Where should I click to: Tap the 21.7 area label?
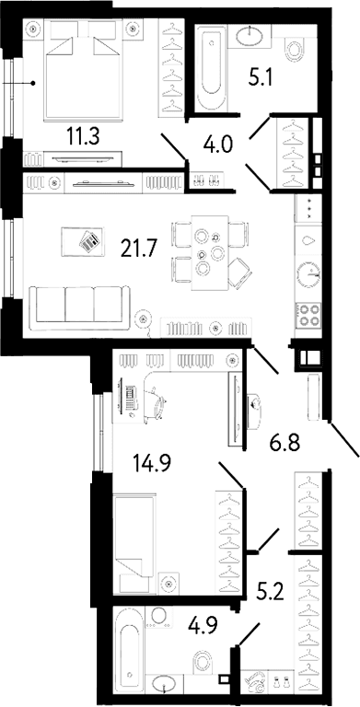139,248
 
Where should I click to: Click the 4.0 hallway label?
217,145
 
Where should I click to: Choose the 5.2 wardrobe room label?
270,589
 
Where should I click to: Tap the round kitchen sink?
308,275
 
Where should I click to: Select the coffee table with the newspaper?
83,242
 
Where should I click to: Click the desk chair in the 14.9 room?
157,400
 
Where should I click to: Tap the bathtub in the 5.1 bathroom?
212,67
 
